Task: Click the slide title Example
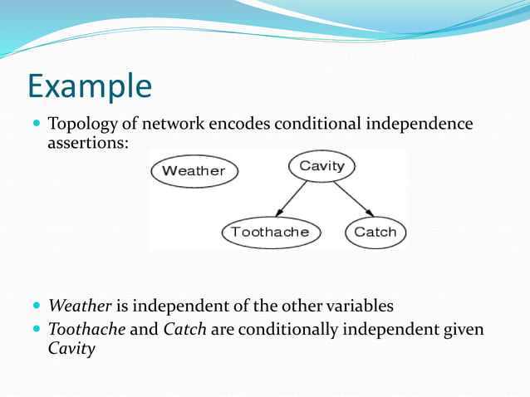pyautogui.click(x=90, y=86)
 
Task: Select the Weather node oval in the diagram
pyautogui.click(x=194, y=171)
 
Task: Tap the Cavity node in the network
pyautogui.click(x=321, y=166)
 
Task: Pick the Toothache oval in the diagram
pyautogui.click(x=270, y=232)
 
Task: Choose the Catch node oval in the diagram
pyautogui.click(x=375, y=232)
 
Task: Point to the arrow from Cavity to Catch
pyautogui.click(x=351, y=198)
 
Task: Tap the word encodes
pyautogui.click(x=245, y=125)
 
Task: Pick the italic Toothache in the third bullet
pyautogui.click(x=87, y=330)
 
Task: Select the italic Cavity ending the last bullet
pyautogui.click(x=71, y=348)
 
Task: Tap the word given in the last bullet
pyautogui.click(x=461, y=330)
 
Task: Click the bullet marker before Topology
pyautogui.click(x=37, y=124)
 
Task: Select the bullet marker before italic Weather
pyautogui.click(x=37, y=305)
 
